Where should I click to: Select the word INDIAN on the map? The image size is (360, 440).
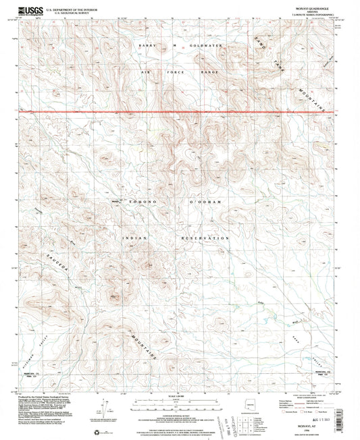(132, 238)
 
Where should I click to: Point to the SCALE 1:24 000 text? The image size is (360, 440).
(180, 396)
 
